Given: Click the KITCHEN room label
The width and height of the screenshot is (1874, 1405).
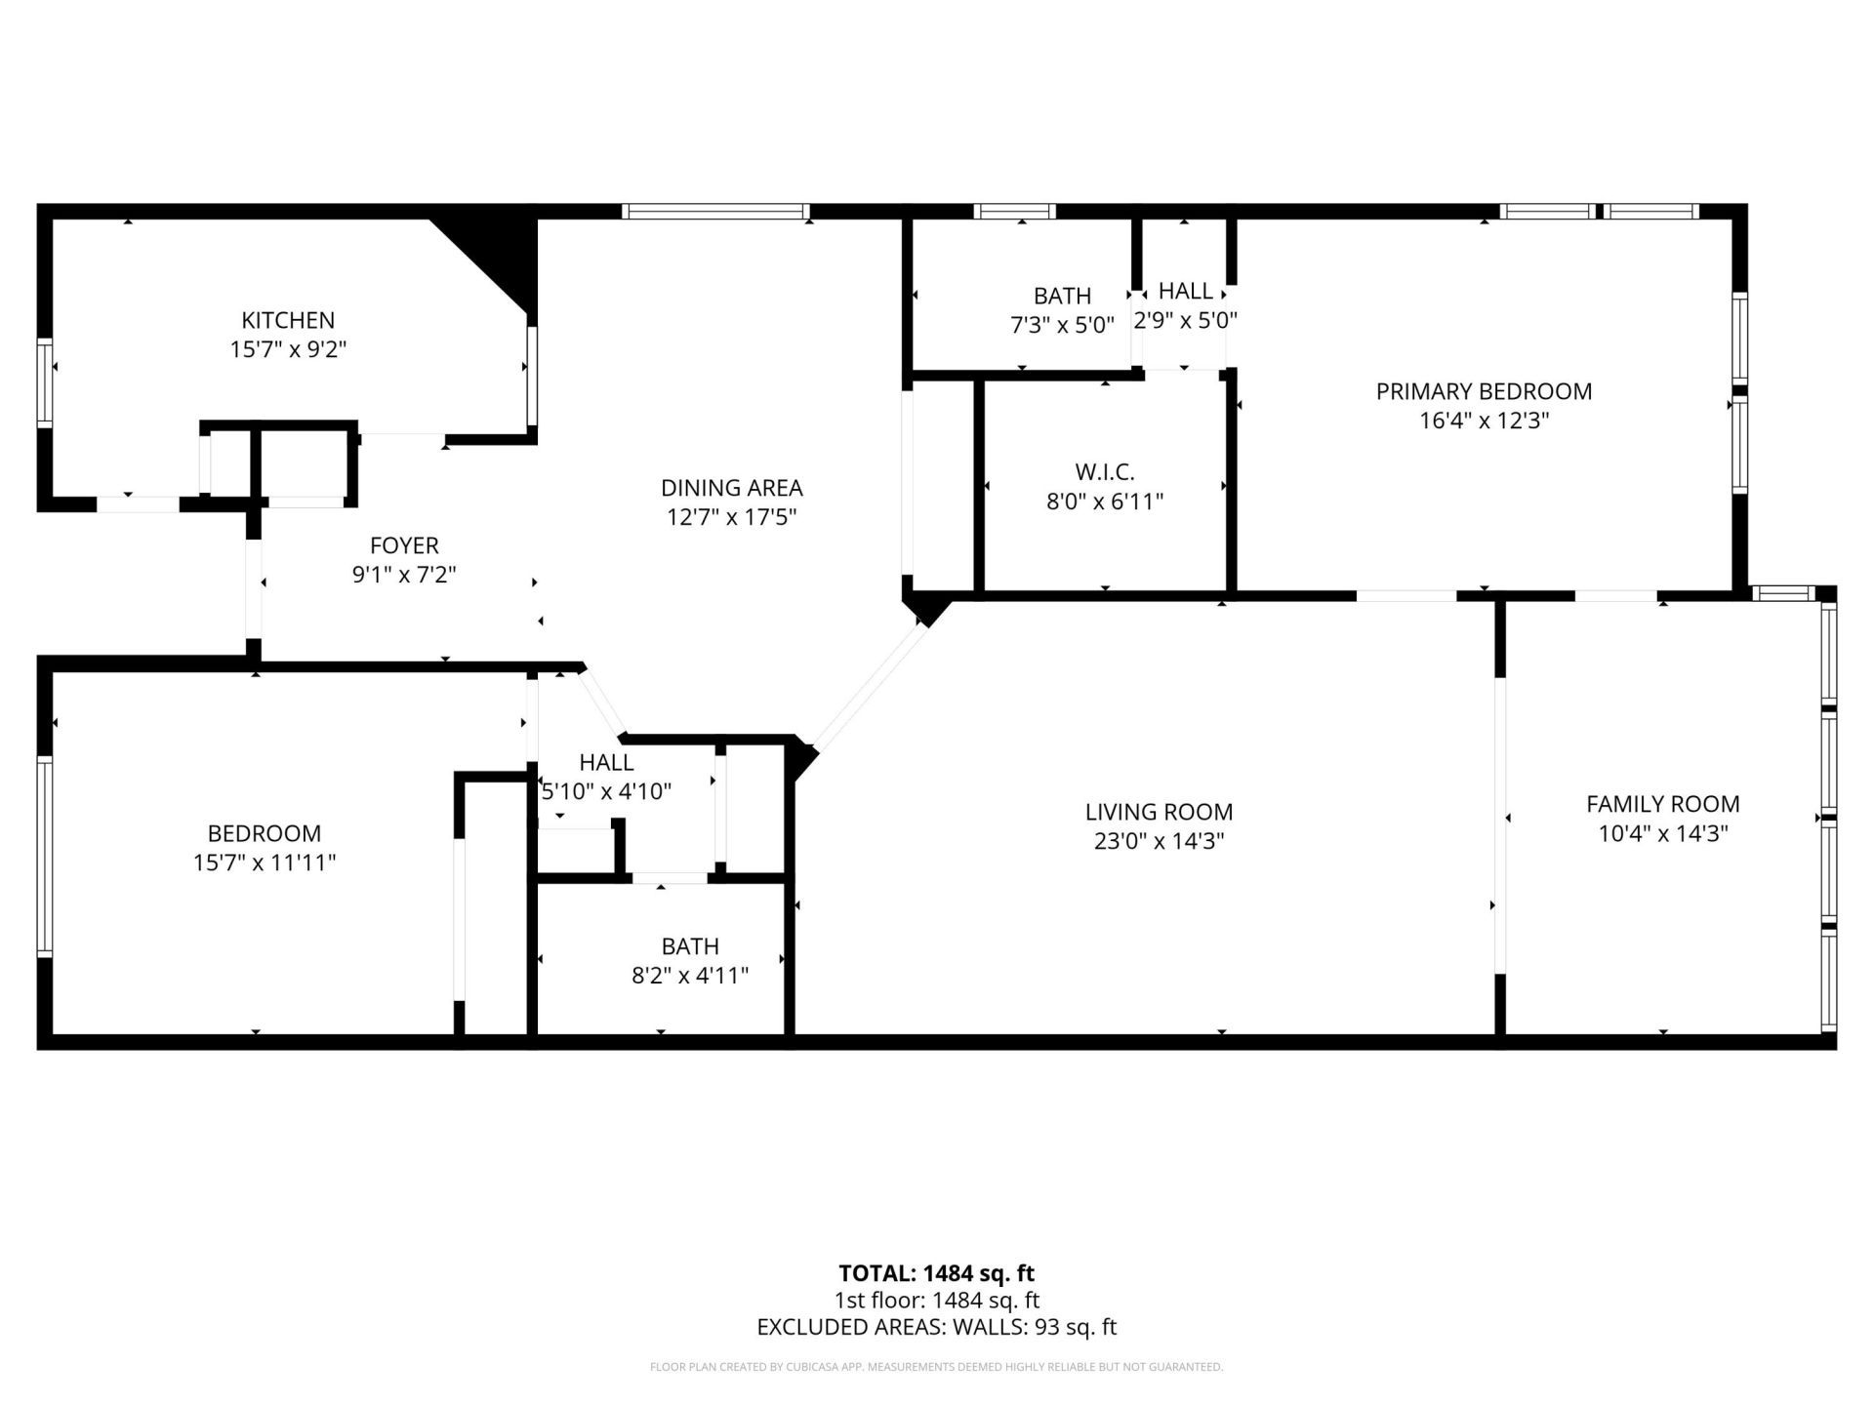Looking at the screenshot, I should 288,320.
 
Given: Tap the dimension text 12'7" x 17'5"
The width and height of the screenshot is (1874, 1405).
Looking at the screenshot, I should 732,517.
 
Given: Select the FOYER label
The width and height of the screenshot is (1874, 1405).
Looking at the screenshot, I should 404,545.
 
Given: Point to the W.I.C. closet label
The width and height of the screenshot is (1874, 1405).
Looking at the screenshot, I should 1105,472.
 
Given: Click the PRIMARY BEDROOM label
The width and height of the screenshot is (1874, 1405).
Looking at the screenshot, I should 1484,391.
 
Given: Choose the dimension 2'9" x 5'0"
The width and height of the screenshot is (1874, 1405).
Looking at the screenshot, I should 1185,321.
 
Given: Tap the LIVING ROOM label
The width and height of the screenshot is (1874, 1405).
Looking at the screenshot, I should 1159,812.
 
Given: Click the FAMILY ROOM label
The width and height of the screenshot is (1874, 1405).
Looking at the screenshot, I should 1662,804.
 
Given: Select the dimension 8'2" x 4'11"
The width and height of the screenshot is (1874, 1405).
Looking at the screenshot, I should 690,976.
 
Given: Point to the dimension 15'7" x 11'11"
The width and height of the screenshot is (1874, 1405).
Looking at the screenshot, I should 265,863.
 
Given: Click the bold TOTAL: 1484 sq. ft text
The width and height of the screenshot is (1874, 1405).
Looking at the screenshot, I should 936,1273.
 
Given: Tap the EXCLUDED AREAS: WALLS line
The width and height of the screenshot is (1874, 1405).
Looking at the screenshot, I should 936,1327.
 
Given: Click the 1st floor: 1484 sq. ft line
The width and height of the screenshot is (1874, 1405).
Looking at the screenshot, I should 936,1301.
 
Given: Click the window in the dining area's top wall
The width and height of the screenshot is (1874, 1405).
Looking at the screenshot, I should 715,211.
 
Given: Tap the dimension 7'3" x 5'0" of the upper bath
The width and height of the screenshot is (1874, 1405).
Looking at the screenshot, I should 1062,325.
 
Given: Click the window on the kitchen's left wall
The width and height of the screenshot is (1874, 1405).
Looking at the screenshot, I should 44,381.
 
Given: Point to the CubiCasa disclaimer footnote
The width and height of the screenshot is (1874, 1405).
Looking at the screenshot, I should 936,1367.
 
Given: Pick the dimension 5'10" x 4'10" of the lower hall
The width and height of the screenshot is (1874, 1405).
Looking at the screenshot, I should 606,791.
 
